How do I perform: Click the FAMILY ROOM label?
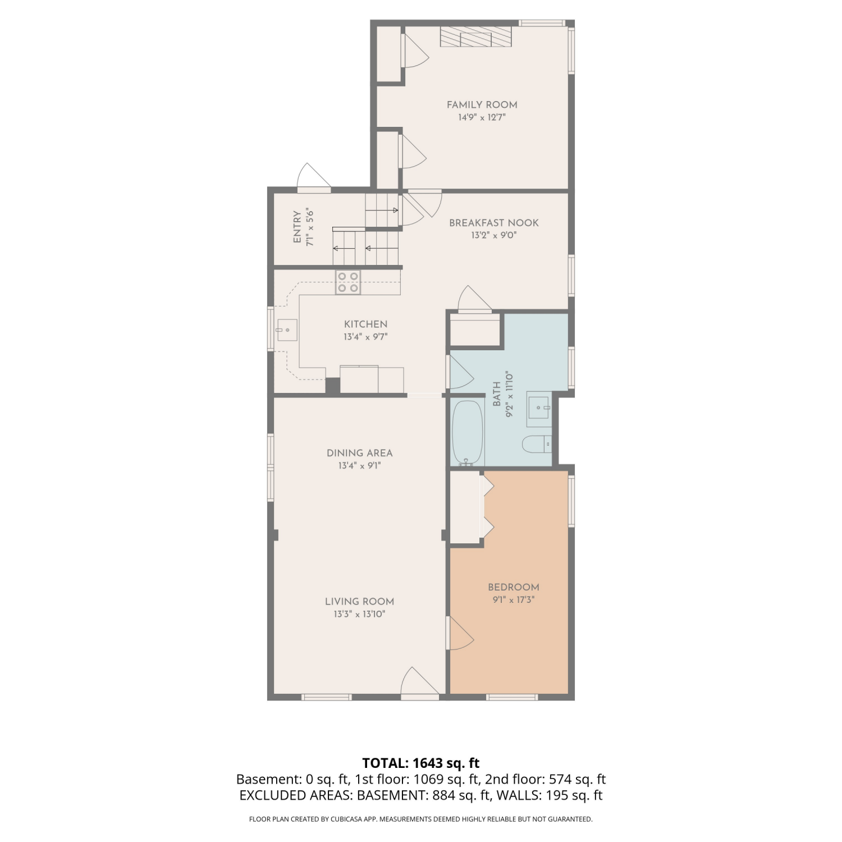click(x=482, y=104)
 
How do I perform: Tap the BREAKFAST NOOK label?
click(x=493, y=223)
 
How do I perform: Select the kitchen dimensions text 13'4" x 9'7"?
click(x=365, y=337)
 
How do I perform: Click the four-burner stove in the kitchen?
click(x=348, y=282)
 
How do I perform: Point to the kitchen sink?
click(x=287, y=330)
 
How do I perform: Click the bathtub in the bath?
click(x=468, y=432)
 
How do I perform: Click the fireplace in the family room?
click(x=476, y=36)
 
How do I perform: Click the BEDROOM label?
click(x=514, y=587)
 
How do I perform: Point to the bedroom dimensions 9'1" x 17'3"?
click(x=514, y=600)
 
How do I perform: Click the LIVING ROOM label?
click(x=359, y=601)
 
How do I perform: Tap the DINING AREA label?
click(x=359, y=453)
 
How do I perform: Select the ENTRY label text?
click(x=297, y=227)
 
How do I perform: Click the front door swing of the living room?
click(x=419, y=682)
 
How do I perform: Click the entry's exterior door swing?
click(x=313, y=177)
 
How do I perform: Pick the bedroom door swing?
click(x=460, y=633)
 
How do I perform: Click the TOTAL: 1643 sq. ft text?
click(x=421, y=763)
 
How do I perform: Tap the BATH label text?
click(x=497, y=394)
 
